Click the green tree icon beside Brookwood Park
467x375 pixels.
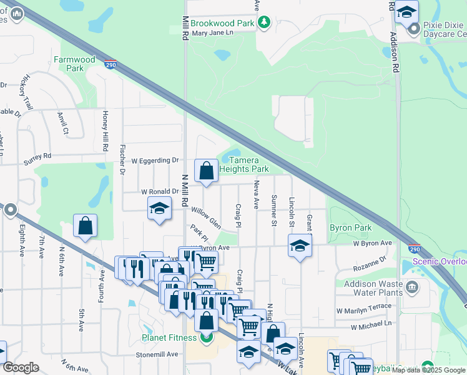[x=264, y=22]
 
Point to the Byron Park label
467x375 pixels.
[x=350, y=228]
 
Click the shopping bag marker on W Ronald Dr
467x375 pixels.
[x=206, y=171]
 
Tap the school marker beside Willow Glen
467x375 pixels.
[x=159, y=209]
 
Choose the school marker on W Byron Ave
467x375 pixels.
[x=300, y=245]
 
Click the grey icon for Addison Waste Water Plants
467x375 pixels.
[x=411, y=287]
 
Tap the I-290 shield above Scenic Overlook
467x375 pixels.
[x=415, y=248]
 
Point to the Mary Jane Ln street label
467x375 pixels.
[x=212, y=32]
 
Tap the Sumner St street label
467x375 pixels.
[x=273, y=210]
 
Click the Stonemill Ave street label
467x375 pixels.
[x=157, y=354]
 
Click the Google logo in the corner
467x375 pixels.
[x=21, y=367]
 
